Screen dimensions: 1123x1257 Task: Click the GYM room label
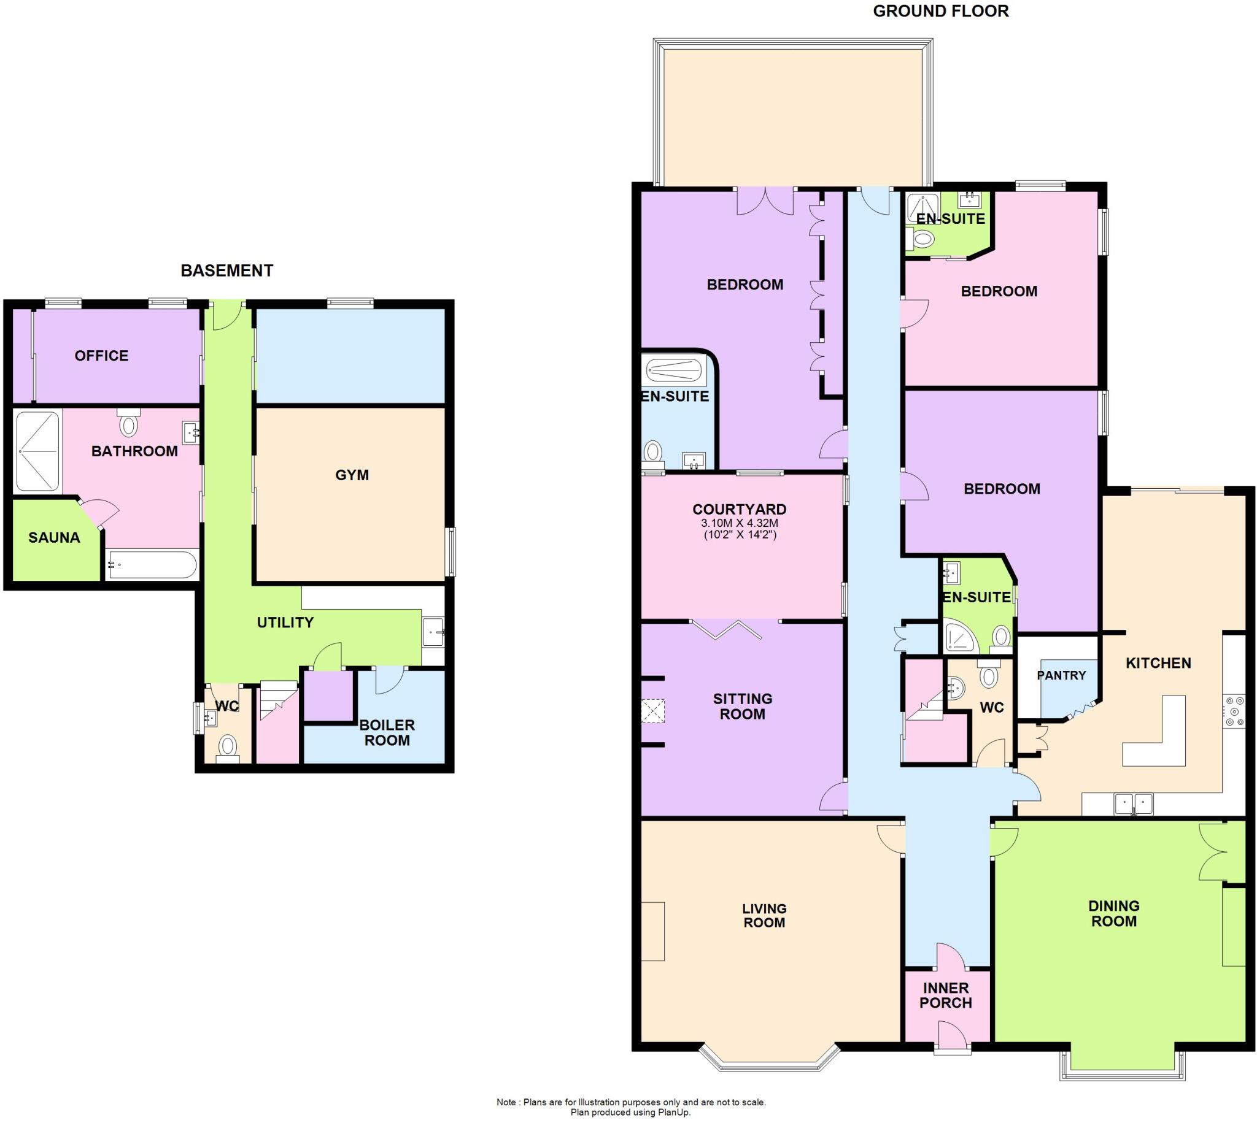(351, 475)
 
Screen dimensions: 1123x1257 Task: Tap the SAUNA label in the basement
(55, 537)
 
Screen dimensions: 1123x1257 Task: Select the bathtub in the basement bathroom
(151, 564)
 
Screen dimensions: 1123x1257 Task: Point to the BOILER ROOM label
(387, 732)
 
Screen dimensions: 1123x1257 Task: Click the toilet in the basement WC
(228, 747)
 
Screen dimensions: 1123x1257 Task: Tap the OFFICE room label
(101, 355)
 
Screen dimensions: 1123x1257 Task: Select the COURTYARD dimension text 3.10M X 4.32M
(739, 523)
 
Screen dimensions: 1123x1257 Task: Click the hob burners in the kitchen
(1235, 711)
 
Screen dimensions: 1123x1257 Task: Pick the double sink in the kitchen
(1134, 804)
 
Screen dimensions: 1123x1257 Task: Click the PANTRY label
(1061, 675)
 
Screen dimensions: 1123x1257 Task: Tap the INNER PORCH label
(945, 995)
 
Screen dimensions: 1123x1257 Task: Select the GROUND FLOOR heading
(940, 11)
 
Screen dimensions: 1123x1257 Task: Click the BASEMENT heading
(226, 271)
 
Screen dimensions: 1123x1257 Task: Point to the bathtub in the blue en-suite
(673, 371)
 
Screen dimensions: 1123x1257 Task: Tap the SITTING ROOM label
(742, 706)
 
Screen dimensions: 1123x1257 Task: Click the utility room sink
(433, 632)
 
